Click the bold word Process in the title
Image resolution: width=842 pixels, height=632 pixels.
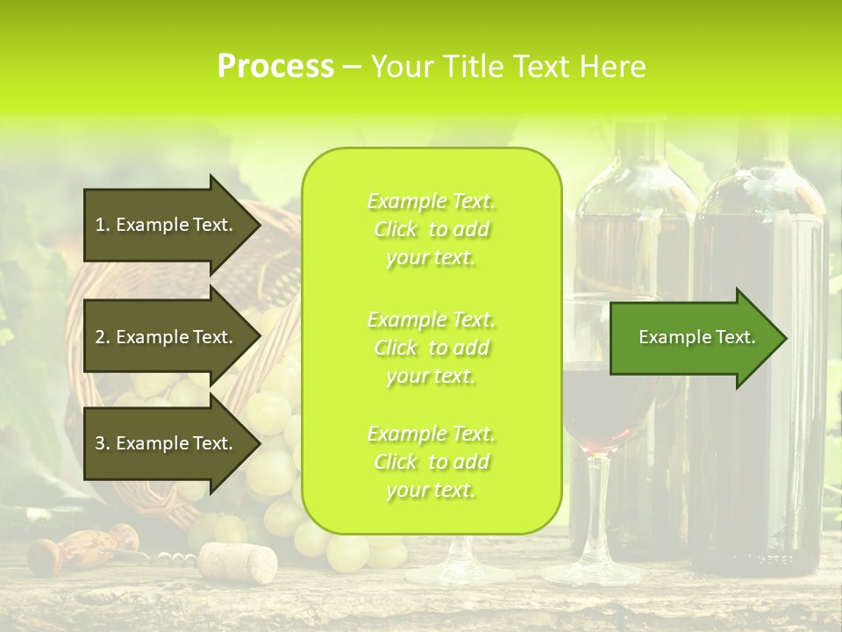tap(275, 66)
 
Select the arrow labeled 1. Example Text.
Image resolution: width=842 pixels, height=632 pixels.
tap(167, 226)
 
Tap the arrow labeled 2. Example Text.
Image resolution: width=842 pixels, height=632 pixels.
tap(167, 337)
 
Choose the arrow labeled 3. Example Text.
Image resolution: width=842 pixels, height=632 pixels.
tap(167, 443)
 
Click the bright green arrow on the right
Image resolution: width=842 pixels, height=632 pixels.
tap(693, 338)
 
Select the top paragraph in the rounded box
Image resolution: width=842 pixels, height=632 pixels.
tap(431, 229)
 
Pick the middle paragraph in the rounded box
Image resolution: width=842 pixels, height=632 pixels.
tap(431, 348)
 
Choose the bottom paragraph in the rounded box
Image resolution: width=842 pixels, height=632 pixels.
tap(431, 462)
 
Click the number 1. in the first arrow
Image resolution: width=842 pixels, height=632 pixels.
tap(103, 226)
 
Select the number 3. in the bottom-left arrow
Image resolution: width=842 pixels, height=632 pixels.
tap(103, 443)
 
